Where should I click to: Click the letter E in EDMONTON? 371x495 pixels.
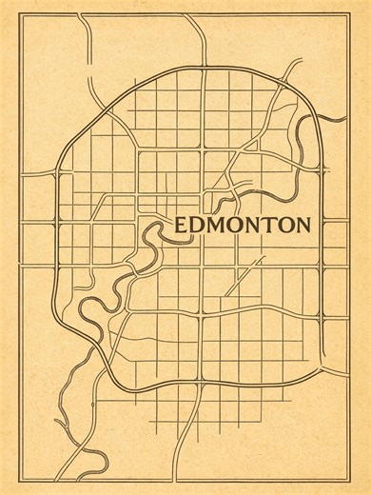(182, 227)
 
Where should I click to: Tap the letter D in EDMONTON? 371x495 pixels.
(197, 227)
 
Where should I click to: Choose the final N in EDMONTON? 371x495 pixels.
(302, 227)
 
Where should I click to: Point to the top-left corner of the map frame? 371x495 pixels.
(22, 13)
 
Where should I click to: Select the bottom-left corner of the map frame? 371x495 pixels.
(22, 480)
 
